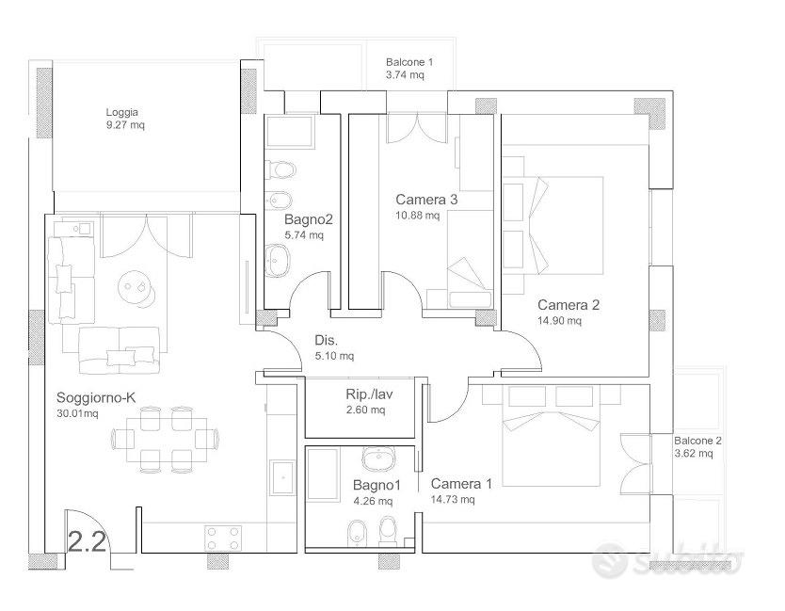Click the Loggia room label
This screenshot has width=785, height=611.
[x=121, y=112]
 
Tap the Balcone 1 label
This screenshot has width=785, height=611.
[x=409, y=62]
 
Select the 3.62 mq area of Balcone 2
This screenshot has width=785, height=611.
[x=694, y=454]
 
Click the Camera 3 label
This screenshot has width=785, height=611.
[x=426, y=200]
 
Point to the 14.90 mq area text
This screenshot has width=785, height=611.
[x=559, y=320]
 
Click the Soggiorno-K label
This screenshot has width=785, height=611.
[x=96, y=397]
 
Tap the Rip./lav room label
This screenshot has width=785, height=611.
[x=369, y=394]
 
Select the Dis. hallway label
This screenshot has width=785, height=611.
[x=326, y=341]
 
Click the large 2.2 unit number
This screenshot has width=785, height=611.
[x=87, y=541]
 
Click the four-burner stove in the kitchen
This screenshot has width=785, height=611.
[x=223, y=539]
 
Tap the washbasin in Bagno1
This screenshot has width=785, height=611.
[x=378, y=458]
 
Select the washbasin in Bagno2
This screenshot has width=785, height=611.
[x=277, y=261]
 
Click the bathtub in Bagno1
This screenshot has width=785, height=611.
[x=323, y=474]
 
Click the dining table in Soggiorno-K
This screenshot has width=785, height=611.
[x=167, y=441]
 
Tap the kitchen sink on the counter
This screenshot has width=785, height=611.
[x=284, y=478]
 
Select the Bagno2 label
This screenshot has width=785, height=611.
[x=309, y=219]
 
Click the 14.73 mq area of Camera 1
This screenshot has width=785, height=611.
[x=453, y=499]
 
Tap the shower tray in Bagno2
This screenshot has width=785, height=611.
[x=289, y=132]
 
